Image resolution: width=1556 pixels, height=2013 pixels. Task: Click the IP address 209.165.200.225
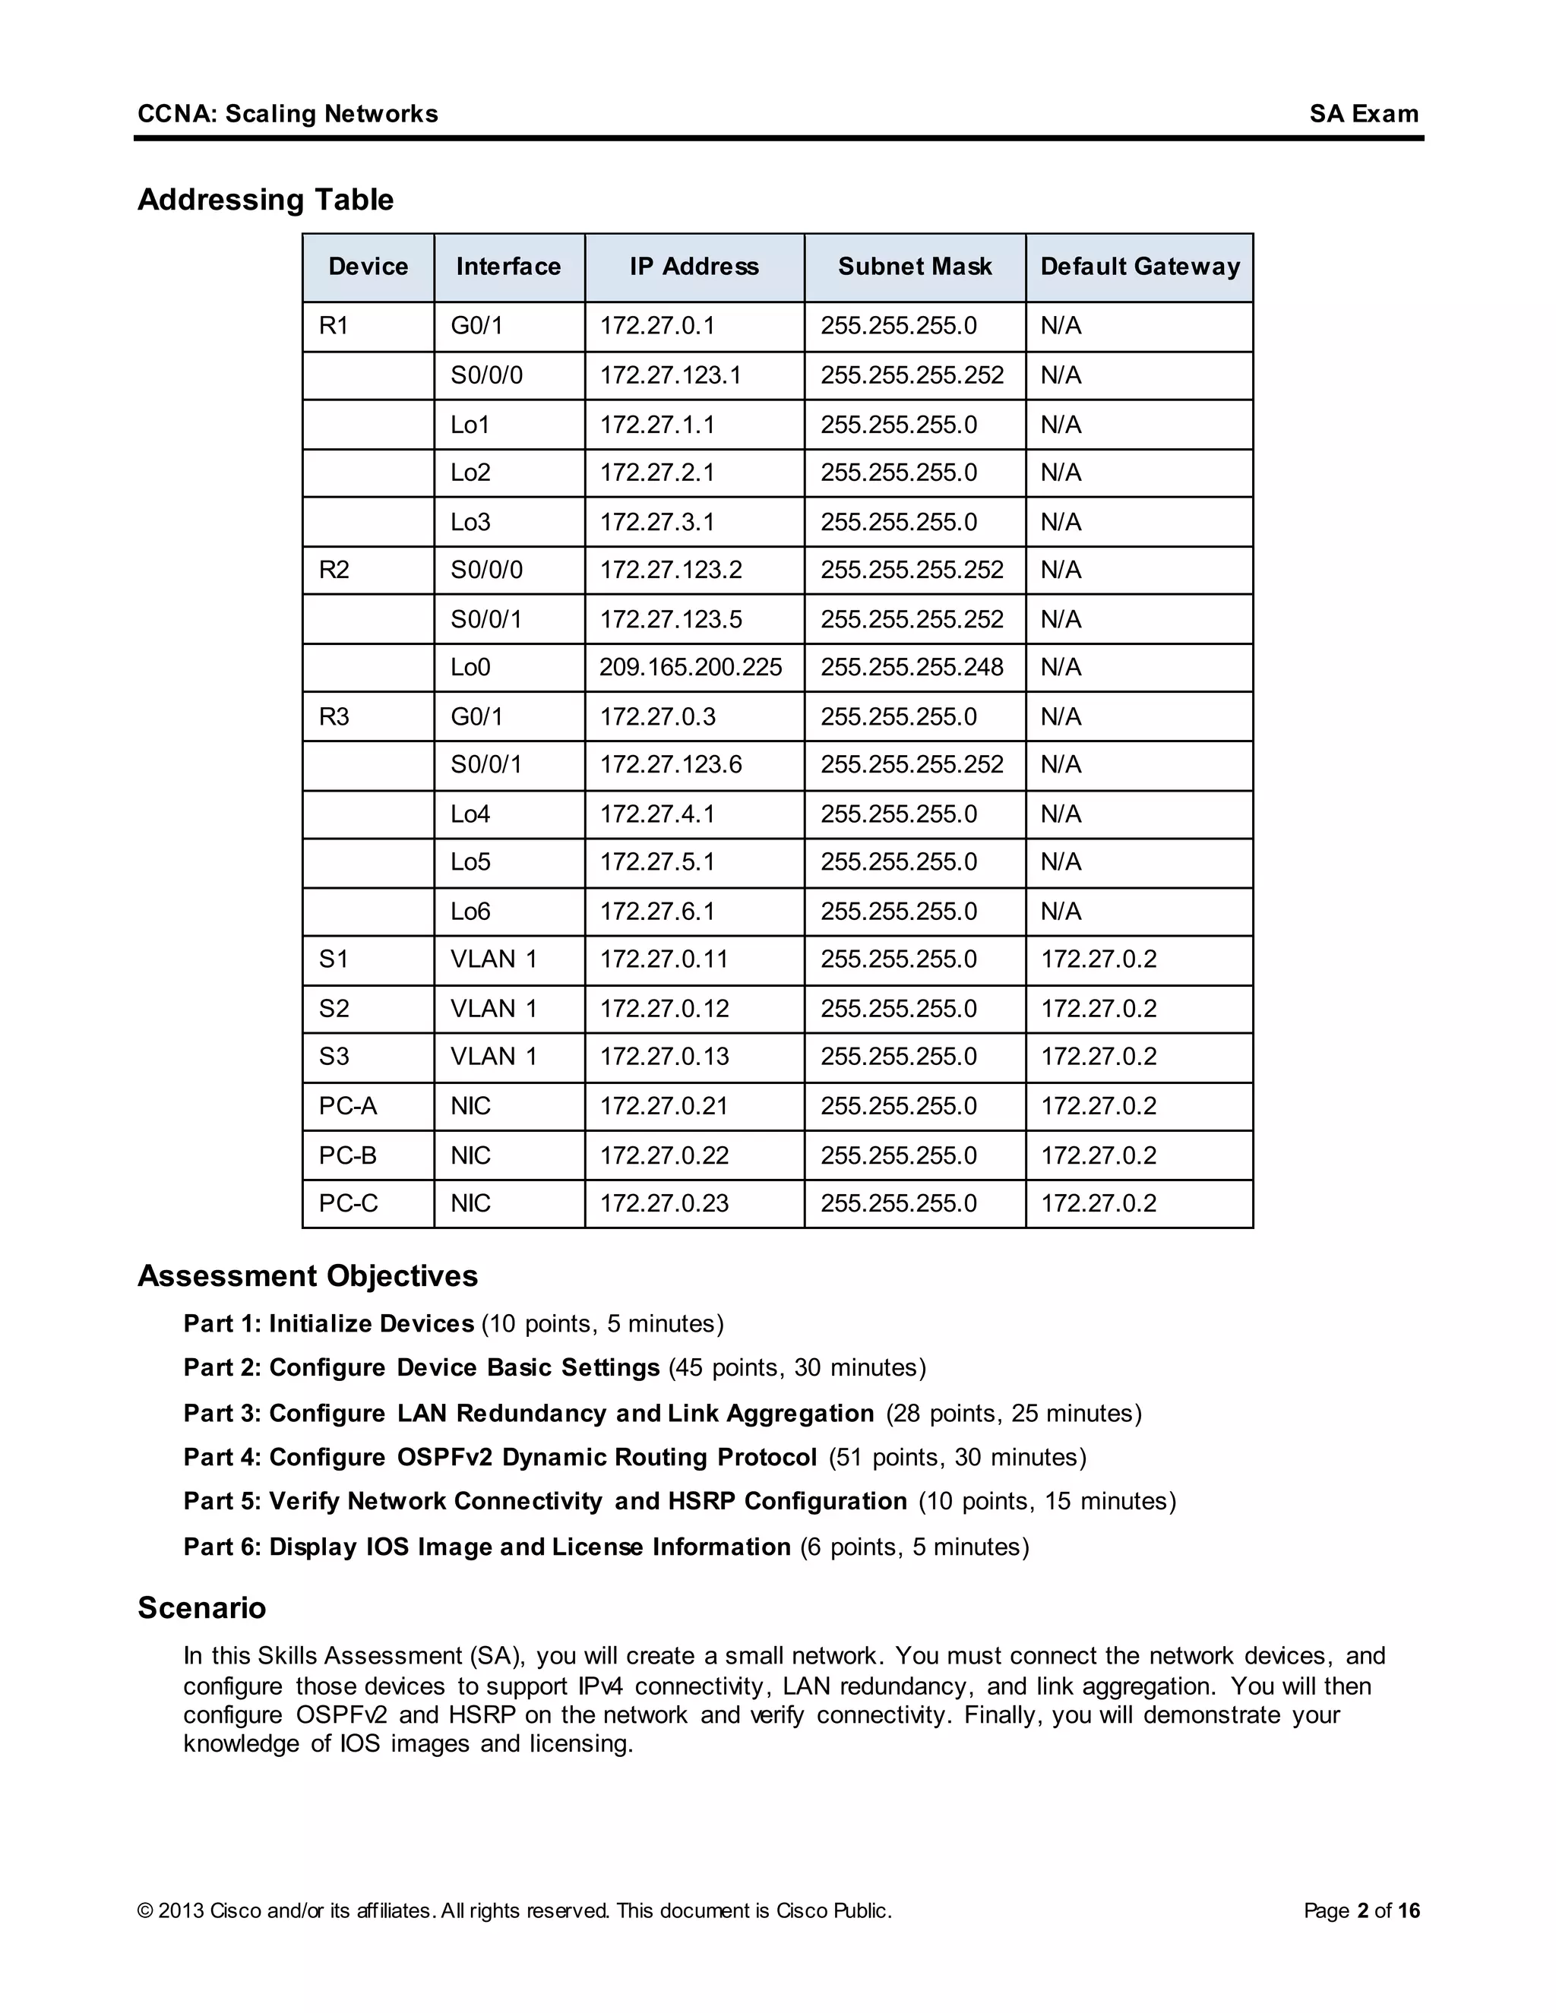690,667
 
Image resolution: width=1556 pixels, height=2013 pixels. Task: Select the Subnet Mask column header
915,267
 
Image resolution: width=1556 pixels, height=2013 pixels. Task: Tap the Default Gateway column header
1140,267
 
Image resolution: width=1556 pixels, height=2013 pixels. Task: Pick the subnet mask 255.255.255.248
911,667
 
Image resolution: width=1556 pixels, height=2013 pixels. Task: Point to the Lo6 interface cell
470,912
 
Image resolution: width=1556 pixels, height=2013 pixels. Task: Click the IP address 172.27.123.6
670,765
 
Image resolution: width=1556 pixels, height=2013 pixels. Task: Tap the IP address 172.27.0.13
664,1057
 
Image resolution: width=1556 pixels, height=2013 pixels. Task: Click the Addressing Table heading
265,200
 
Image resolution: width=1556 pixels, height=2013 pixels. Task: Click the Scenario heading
202,1607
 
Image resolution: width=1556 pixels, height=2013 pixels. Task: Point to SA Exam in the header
1363,114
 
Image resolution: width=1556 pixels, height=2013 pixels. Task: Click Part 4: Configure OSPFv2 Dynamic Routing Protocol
500,1457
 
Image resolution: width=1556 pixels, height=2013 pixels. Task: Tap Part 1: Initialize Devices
328,1323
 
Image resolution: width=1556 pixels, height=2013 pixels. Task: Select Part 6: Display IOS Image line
487,1547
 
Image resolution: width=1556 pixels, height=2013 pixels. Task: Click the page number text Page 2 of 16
1361,1910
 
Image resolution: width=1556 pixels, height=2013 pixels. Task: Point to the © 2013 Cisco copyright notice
514,1910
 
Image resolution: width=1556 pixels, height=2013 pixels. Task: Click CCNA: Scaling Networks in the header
288,114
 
